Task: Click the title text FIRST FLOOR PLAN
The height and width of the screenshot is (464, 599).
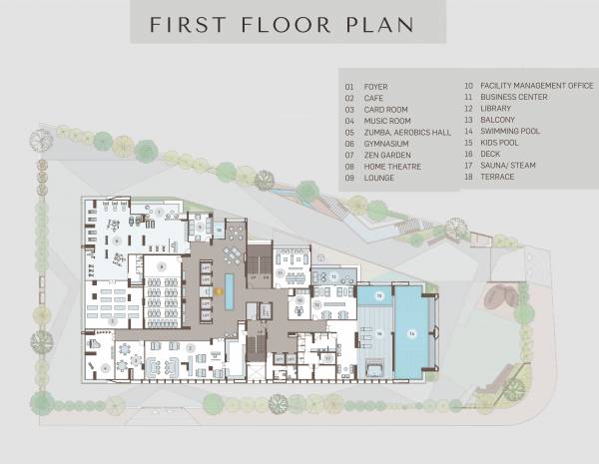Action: pyautogui.click(x=282, y=24)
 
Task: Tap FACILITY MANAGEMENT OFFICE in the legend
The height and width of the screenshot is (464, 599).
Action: pyautogui.click(x=524, y=87)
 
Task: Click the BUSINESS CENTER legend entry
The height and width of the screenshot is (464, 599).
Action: pyautogui.click(x=508, y=98)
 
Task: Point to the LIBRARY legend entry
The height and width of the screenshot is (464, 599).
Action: pyautogui.click(x=495, y=109)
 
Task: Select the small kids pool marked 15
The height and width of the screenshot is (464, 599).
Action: pyautogui.click(x=375, y=296)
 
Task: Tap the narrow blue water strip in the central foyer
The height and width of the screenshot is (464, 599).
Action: pyautogui.click(x=230, y=288)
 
